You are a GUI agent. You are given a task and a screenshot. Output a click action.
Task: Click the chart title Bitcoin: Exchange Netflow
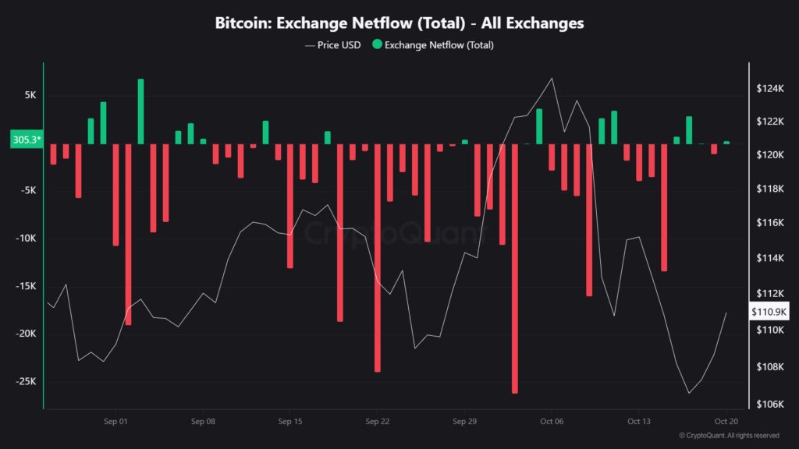click(x=399, y=23)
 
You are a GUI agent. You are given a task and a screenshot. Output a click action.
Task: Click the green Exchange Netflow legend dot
click(x=377, y=45)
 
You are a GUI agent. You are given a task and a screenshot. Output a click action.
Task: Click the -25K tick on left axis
click(x=26, y=381)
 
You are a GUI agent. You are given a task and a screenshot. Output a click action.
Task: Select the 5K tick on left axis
click(x=30, y=95)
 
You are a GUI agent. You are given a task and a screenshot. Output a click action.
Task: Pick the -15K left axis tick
click(x=26, y=286)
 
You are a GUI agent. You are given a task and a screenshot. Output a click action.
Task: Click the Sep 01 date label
click(x=115, y=422)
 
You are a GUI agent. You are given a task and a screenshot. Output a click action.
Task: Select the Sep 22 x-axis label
click(x=377, y=422)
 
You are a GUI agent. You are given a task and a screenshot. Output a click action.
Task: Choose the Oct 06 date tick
click(x=552, y=422)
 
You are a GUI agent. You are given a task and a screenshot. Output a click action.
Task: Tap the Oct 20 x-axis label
click(x=726, y=422)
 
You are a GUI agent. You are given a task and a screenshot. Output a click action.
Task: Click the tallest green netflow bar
click(x=140, y=111)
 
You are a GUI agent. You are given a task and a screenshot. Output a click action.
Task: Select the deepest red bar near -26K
click(x=515, y=268)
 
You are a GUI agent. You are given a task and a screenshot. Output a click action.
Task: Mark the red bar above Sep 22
click(x=378, y=257)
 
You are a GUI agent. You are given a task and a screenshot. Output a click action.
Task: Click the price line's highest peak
click(x=552, y=78)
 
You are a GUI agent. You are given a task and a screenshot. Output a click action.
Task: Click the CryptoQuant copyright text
click(x=729, y=435)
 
